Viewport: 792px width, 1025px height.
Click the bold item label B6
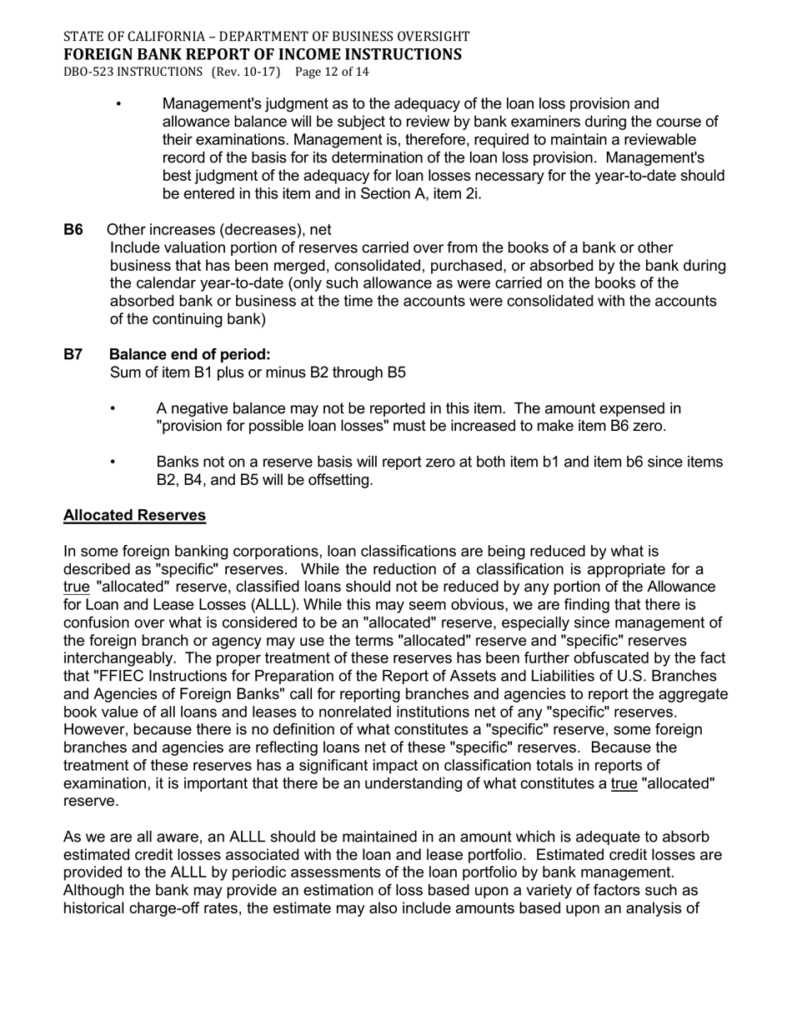click(x=73, y=230)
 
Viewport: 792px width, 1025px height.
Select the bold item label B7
click(x=73, y=354)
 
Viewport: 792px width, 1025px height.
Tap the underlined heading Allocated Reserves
click(x=134, y=515)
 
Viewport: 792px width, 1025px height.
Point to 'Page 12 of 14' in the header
click(x=332, y=72)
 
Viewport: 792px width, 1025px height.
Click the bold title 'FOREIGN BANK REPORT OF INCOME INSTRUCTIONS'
click(x=262, y=54)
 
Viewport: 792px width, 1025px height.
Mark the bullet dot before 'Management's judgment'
click(x=118, y=104)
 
